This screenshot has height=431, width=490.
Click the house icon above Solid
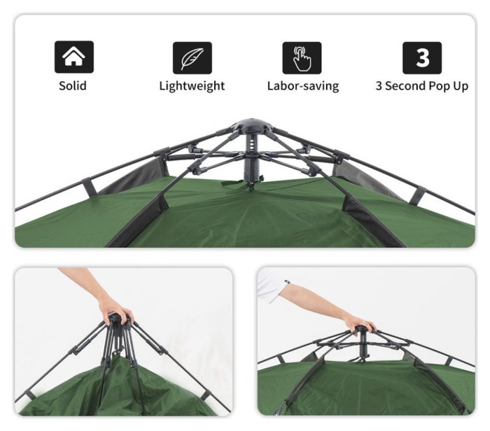click(74, 57)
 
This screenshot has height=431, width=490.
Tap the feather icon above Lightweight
click(192, 58)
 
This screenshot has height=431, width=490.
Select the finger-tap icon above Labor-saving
click(302, 58)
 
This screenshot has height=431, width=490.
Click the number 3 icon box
click(422, 58)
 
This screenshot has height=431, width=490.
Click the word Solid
click(73, 85)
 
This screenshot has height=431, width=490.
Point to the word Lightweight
click(192, 86)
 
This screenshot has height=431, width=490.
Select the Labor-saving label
click(303, 86)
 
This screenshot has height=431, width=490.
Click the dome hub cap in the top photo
click(251, 125)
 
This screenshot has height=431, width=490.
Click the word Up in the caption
click(460, 86)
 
